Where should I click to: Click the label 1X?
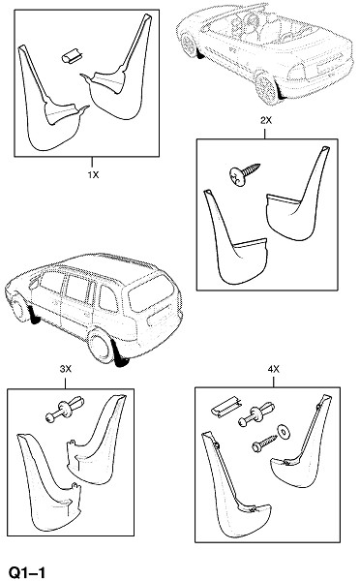(x=93, y=174)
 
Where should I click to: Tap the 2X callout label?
(x=266, y=120)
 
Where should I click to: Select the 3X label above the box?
(x=65, y=369)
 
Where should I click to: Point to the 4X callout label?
(x=274, y=369)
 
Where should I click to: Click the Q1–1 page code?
(x=27, y=572)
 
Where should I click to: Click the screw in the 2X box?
(x=244, y=173)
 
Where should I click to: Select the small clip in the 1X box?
(x=72, y=56)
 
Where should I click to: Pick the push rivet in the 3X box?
(x=65, y=410)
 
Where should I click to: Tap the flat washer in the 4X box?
(x=285, y=432)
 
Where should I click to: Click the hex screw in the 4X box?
(x=264, y=443)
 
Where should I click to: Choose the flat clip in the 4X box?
(x=226, y=407)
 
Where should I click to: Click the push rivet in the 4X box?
(x=256, y=414)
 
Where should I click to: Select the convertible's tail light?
(x=296, y=73)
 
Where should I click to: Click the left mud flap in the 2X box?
(x=235, y=237)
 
